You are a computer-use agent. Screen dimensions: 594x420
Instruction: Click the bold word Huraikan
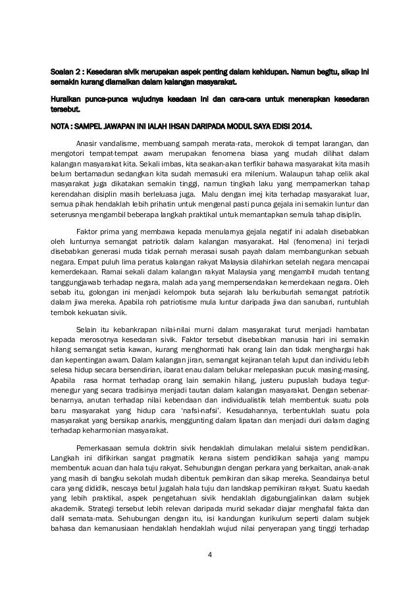coord(67,99)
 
